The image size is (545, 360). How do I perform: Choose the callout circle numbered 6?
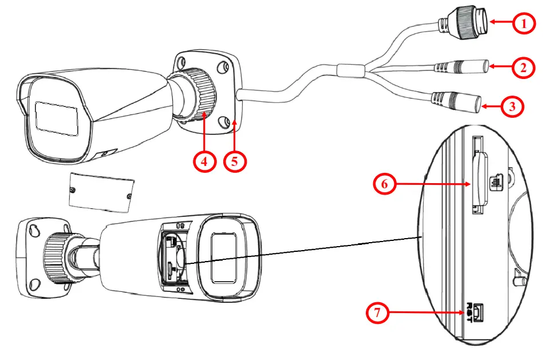(x=385, y=184)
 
